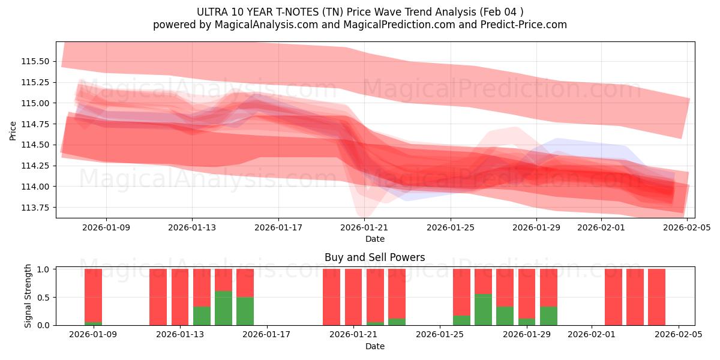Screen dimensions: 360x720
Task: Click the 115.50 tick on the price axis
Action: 37,61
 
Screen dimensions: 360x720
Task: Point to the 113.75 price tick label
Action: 37,208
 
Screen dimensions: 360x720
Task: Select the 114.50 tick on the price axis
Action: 37,145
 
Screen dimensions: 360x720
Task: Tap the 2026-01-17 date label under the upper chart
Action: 278,228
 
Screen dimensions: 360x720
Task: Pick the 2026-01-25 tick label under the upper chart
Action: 450,228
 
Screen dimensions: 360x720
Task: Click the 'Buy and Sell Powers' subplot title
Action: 375,257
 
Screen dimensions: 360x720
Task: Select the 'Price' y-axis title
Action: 13,130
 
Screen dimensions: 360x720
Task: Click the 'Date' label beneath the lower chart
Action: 375,346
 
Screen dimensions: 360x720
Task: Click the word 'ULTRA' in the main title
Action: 212,12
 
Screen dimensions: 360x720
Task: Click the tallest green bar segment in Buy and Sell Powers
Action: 223,308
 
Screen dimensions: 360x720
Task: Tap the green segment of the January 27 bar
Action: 483,310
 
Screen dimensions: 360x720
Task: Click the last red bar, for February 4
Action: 656,297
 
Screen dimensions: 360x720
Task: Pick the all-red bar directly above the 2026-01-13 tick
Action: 180,297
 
